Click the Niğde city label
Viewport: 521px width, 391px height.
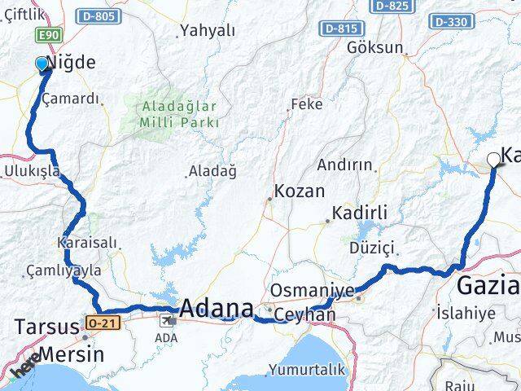tap(72, 63)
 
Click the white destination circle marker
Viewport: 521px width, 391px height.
tap(493, 160)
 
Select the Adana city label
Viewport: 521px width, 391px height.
tap(216, 309)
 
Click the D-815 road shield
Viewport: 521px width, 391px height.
tap(340, 29)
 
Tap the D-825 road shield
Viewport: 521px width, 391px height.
tap(392, 7)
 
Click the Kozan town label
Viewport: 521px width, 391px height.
tap(300, 191)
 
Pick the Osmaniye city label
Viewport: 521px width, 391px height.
tap(313, 291)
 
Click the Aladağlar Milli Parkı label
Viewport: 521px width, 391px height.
tap(180, 114)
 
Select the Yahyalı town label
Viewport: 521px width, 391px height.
tap(208, 31)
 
